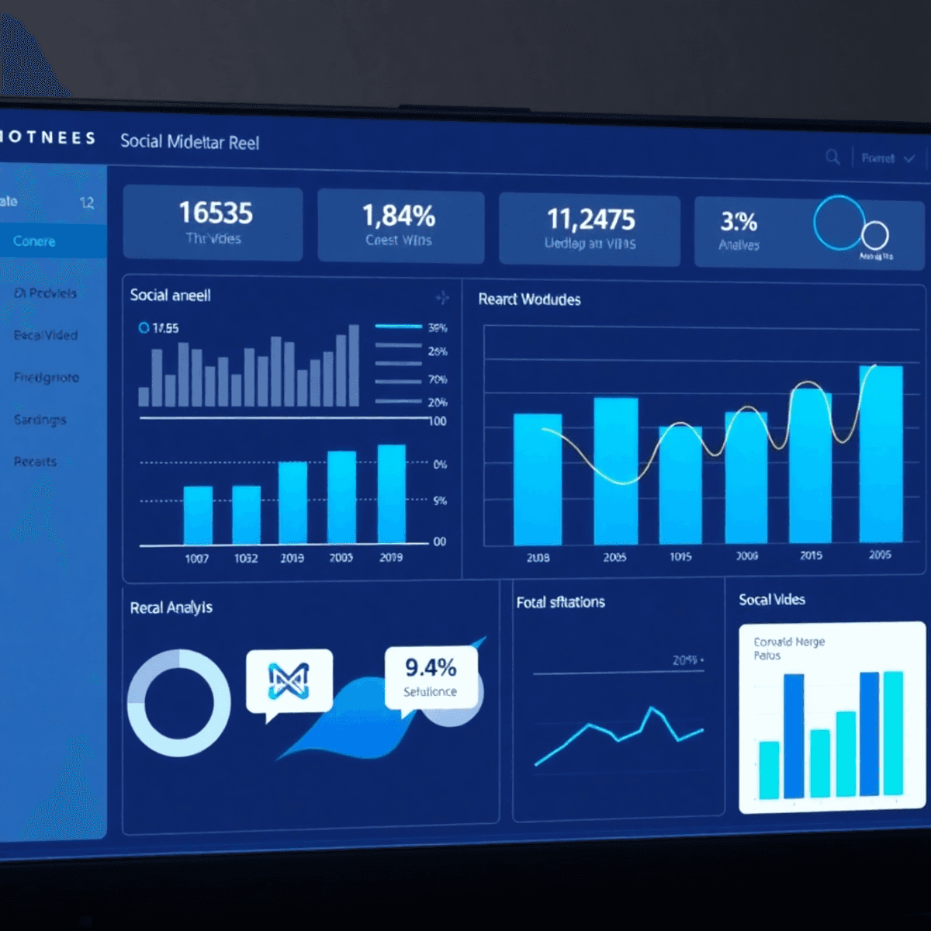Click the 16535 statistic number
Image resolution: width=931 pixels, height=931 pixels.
[x=216, y=213]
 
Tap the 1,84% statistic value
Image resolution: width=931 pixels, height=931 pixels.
[x=399, y=216]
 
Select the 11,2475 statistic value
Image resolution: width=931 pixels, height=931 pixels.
[x=590, y=220]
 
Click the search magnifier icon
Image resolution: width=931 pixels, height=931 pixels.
[x=832, y=157]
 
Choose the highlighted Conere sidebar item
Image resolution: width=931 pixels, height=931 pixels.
[x=35, y=241]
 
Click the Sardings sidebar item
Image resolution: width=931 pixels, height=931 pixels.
[x=40, y=420]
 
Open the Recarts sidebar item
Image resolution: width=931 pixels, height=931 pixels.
[x=36, y=462]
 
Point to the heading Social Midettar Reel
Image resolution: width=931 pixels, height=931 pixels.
[x=189, y=142]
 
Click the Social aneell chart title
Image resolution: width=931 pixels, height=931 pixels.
[x=170, y=296]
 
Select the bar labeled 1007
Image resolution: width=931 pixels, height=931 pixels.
[x=198, y=515]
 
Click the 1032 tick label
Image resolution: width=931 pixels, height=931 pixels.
[x=246, y=558]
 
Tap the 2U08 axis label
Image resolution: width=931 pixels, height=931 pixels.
[x=538, y=558]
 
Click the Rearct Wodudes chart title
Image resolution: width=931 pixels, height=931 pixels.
[x=529, y=299]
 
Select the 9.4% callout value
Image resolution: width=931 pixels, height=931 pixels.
[x=431, y=667]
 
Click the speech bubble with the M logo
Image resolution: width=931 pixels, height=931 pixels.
[x=289, y=681]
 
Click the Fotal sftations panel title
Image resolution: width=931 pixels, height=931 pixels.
[x=560, y=602]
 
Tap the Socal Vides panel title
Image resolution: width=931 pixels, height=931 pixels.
[x=772, y=600]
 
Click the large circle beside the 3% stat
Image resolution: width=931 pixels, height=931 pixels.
[x=839, y=223]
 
